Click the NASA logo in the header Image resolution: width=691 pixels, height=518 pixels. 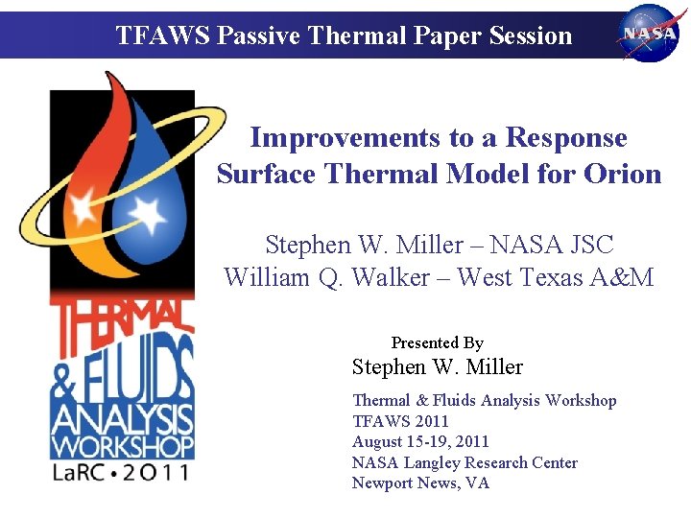pos(650,33)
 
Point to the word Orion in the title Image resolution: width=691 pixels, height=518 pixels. pos(624,175)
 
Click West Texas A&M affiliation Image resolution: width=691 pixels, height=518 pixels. pos(556,278)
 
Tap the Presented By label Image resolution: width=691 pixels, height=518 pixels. pos(437,342)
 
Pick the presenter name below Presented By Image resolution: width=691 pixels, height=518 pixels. pos(437,367)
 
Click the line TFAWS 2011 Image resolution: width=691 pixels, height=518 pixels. pos(400,421)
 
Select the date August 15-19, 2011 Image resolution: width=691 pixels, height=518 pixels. pos(420,441)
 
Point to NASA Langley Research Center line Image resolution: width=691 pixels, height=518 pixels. pos(465,462)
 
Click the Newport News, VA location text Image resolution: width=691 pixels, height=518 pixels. pos(420,483)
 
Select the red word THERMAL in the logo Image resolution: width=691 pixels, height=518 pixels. pos(122,318)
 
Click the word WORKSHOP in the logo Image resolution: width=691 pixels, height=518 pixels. pos(122,446)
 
